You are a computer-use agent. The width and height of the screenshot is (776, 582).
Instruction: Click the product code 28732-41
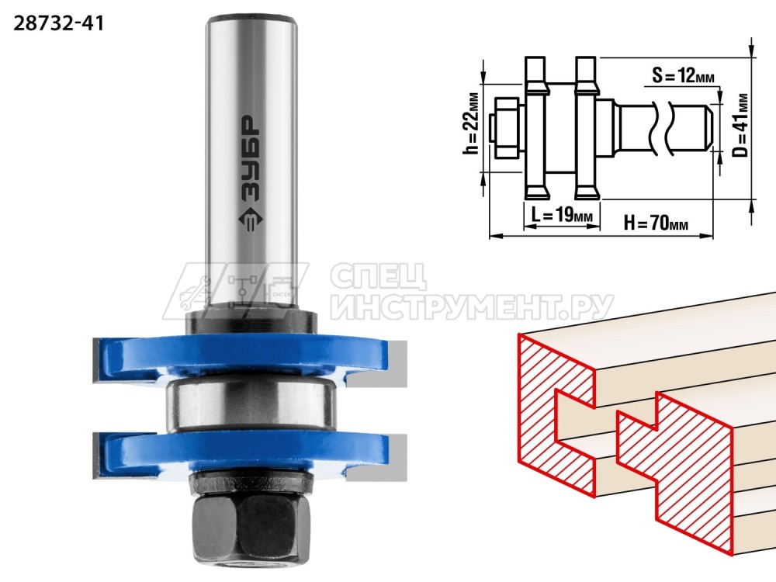58,23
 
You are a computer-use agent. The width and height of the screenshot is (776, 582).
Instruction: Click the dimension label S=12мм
683,75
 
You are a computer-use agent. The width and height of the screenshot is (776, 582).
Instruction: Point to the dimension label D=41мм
740,125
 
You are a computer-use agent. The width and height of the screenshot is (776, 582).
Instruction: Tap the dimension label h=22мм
472,123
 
